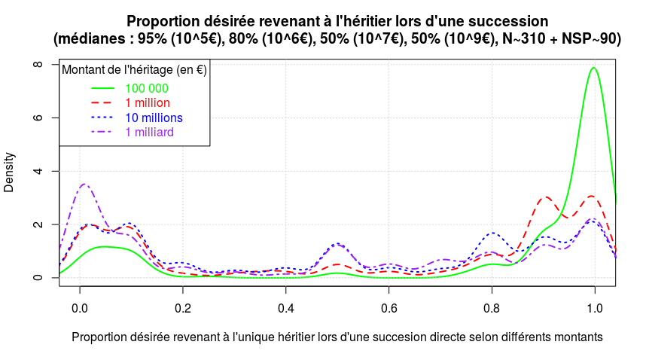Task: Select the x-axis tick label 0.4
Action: point(286,308)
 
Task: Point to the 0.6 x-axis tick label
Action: point(389,308)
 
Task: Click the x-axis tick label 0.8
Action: point(492,308)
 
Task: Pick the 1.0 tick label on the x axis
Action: point(595,308)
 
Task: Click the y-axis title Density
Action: point(9,172)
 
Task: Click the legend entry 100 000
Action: point(147,88)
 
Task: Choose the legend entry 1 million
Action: point(148,102)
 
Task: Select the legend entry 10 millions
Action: point(154,117)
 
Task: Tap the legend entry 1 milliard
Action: point(150,132)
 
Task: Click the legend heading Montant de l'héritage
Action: point(135,71)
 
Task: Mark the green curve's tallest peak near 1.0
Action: point(594,68)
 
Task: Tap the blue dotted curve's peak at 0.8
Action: point(492,233)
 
